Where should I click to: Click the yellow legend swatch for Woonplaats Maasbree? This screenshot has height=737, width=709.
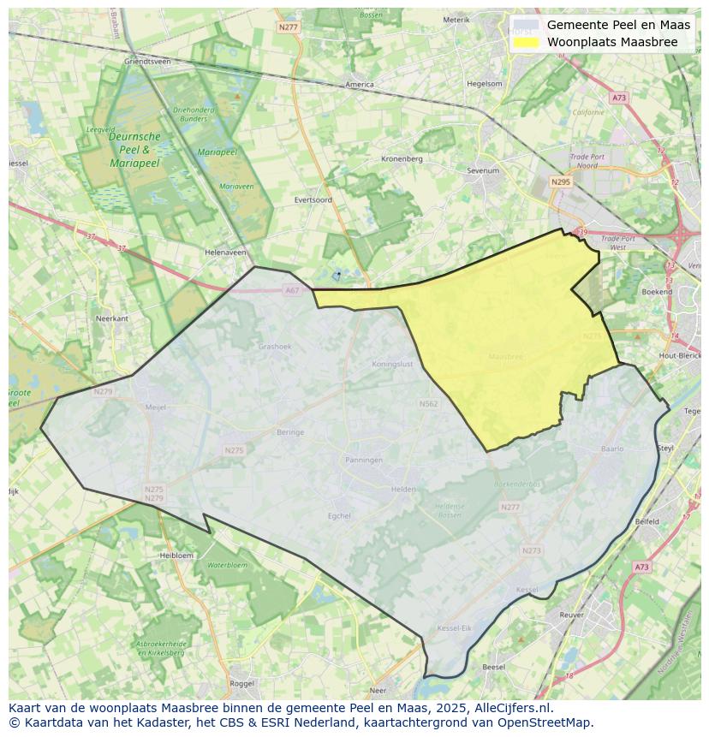pyautogui.click(x=527, y=42)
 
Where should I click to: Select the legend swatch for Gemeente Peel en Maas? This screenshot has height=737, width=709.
pyautogui.click(x=527, y=25)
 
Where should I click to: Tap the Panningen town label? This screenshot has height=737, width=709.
pyautogui.click(x=364, y=461)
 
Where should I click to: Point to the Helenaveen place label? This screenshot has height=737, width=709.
pyautogui.click(x=225, y=253)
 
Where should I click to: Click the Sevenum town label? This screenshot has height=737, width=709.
pyautogui.click(x=483, y=170)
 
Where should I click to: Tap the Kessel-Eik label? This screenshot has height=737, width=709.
pyautogui.click(x=454, y=628)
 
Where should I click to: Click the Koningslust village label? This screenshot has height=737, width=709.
pyautogui.click(x=393, y=364)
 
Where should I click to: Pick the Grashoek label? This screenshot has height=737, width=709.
pyautogui.click(x=275, y=347)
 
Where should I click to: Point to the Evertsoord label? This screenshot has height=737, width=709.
pyautogui.click(x=313, y=199)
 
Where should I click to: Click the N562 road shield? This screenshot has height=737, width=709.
pyautogui.click(x=428, y=404)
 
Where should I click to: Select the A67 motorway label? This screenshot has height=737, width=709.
pyautogui.click(x=292, y=290)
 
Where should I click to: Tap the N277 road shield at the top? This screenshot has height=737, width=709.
pyautogui.click(x=289, y=27)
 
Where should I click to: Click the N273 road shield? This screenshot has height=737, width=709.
pyautogui.click(x=531, y=550)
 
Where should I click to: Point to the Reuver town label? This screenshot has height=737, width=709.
pyautogui.click(x=571, y=615)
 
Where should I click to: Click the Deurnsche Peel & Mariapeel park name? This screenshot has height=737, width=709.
pyautogui.click(x=134, y=149)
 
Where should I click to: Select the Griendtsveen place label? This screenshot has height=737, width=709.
pyautogui.click(x=147, y=62)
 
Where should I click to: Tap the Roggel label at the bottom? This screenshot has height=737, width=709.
pyautogui.click(x=242, y=684)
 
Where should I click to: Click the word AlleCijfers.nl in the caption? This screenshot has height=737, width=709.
pyautogui.click(x=516, y=708)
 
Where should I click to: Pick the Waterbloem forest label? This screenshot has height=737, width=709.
pyautogui.click(x=226, y=565)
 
